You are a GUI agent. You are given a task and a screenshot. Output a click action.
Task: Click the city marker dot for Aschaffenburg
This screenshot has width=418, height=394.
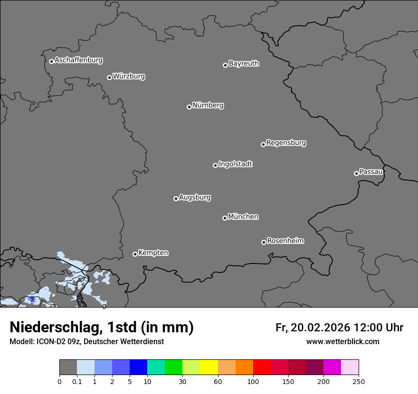51,61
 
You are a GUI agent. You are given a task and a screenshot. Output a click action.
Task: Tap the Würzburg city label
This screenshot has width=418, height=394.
129,76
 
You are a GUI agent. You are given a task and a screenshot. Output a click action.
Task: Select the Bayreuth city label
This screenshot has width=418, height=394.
244,64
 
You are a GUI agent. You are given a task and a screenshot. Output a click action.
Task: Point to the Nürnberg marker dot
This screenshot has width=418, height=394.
189,107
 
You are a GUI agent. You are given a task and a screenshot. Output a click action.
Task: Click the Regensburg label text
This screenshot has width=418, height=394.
286,143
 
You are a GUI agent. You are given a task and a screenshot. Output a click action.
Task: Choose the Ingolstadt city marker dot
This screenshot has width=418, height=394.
215,165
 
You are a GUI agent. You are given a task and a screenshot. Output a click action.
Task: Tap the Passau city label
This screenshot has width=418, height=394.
371,172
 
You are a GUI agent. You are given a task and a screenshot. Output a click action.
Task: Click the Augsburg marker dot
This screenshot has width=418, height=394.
176,198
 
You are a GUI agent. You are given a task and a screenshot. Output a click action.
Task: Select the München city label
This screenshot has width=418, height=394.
243,217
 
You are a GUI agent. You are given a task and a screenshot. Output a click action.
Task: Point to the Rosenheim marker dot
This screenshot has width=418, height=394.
264,243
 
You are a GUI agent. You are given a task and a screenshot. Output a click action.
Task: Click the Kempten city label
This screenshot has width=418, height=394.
153,253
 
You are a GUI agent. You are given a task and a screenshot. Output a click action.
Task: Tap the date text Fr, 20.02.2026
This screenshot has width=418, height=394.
313,328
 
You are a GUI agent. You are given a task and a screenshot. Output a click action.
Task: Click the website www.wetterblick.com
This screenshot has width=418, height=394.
342,342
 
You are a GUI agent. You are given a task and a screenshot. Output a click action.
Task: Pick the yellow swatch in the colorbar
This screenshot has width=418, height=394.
209,367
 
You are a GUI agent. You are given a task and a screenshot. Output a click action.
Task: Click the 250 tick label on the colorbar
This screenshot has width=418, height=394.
359,382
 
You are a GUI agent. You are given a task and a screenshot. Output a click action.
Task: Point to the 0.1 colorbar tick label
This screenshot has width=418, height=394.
77,382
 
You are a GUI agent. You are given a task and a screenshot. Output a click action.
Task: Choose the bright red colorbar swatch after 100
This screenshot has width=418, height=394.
262,367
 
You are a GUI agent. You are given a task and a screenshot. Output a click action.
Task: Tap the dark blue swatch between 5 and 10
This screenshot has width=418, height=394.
139,367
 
